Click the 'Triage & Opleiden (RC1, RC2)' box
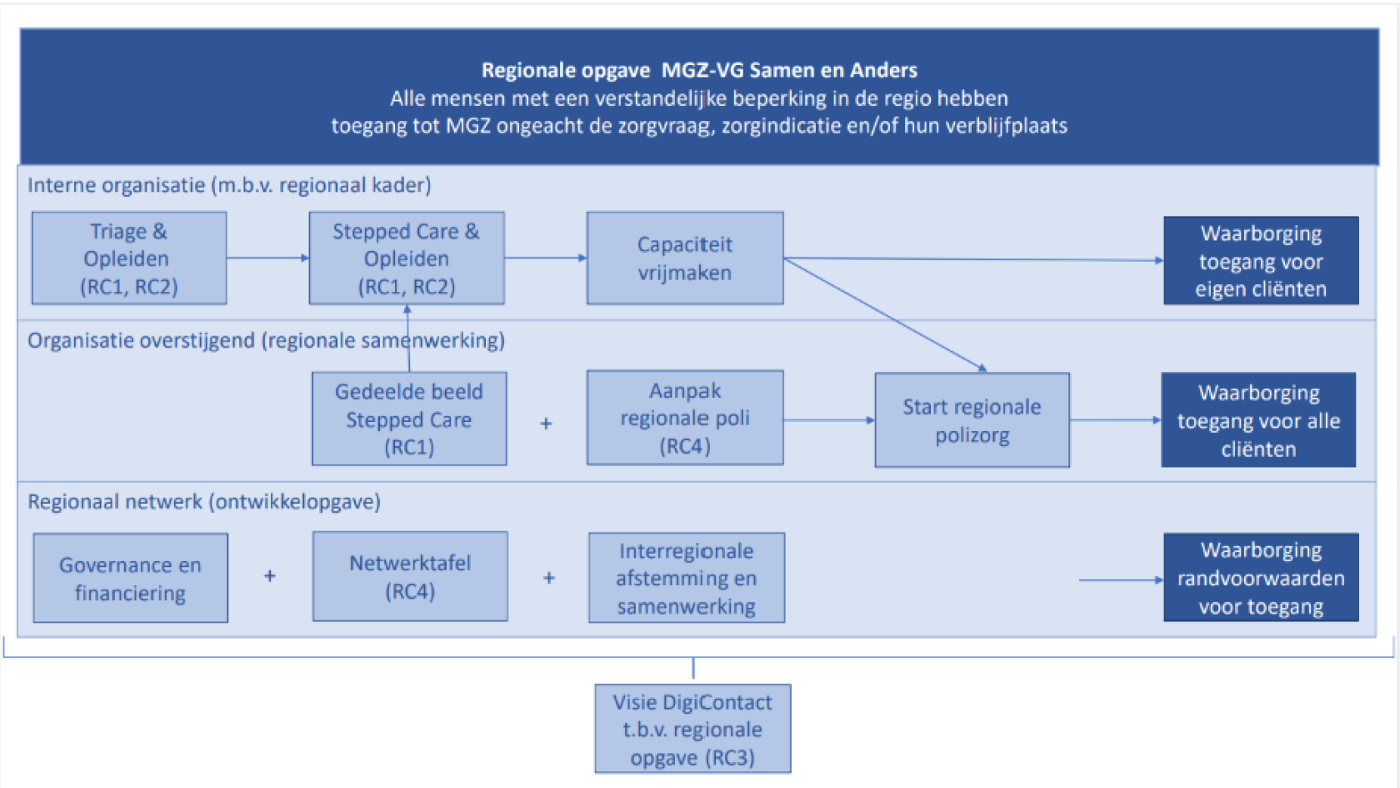coord(129,258)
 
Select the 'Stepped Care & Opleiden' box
coord(407,258)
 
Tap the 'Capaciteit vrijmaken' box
coord(685,258)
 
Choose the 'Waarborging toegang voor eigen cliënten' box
coord(1261,261)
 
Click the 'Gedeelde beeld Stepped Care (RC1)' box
coord(409,419)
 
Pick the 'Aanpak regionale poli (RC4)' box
coord(685,418)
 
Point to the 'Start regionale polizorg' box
coord(972,420)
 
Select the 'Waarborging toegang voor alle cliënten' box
coord(1258,420)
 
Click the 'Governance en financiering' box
coord(131,579)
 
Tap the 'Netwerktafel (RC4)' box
coord(410,577)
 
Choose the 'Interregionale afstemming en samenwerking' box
coord(687,578)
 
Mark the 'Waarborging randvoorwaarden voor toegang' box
coord(1261,578)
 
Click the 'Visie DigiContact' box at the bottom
coord(692,730)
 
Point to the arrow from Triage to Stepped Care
coord(267,258)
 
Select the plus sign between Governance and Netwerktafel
coord(270,576)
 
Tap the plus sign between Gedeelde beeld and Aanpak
coord(547,424)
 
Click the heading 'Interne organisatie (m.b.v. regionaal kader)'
coord(229,185)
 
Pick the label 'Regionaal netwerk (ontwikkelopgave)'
coord(204,502)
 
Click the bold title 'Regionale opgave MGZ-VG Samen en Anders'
coord(699,70)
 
